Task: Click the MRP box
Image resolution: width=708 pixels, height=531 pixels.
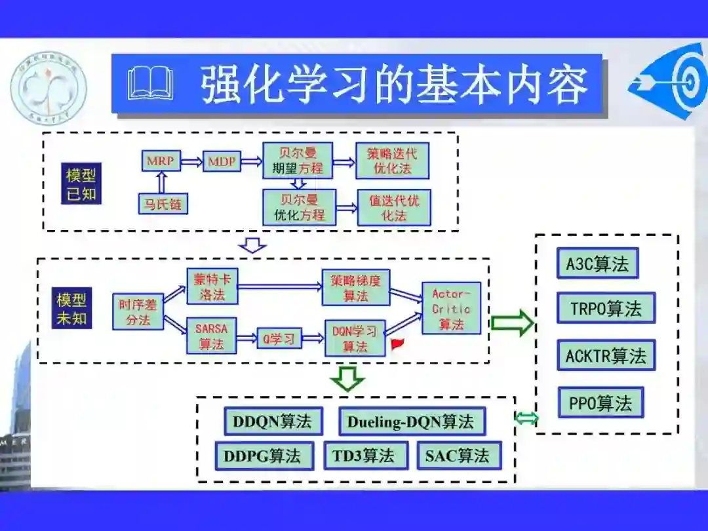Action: click(x=161, y=161)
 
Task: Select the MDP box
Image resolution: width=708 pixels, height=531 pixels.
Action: click(x=223, y=161)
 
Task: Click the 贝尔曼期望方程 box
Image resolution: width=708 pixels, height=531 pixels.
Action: click(x=298, y=161)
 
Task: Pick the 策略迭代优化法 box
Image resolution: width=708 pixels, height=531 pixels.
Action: click(x=392, y=161)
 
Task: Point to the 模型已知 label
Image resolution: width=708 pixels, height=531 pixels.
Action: click(x=81, y=184)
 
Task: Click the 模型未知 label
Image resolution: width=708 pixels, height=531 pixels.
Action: click(x=72, y=309)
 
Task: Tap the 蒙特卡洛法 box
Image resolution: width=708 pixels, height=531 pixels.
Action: click(x=211, y=286)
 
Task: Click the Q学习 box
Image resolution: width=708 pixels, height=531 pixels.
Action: click(x=279, y=338)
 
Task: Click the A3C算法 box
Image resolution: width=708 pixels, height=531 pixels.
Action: click(x=597, y=264)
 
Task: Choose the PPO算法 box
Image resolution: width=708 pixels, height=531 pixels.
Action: click(x=600, y=403)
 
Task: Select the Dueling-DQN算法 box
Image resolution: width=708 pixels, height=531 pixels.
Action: click(x=411, y=422)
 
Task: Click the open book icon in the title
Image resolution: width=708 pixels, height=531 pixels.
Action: click(x=150, y=83)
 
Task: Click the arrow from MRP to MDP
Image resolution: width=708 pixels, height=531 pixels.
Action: click(x=191, y=161)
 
